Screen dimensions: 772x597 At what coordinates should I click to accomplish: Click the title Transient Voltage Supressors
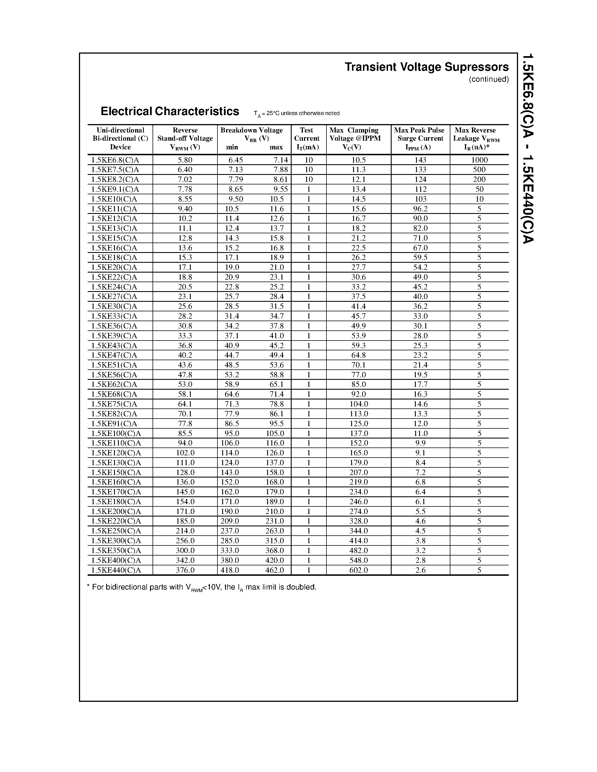tap(426, 67)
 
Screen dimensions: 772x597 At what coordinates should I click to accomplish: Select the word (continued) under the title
tap(489, 79)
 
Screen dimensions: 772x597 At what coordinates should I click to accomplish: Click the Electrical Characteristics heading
tap(170, 111)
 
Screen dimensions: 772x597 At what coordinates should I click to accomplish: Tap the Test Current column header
tap(307, 139)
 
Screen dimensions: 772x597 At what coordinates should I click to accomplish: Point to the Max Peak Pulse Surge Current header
tap(420, 139)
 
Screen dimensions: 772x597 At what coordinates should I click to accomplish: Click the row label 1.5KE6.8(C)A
tap(115, 160)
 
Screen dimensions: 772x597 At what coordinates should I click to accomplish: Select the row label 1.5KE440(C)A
tap(116, 570)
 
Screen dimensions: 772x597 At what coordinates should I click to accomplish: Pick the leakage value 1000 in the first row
tap(479, 160)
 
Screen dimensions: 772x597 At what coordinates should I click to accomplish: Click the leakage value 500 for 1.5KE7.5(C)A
tap(479, 170)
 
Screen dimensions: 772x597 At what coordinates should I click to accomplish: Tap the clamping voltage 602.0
tap(359, 570)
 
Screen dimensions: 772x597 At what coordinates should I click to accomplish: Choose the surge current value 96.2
tap(420, 209)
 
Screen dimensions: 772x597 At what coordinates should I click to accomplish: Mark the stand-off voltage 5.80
tap(185, 160)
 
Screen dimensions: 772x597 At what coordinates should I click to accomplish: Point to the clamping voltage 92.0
tap(359, 394)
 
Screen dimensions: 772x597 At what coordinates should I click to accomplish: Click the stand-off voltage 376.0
tap(185, 570)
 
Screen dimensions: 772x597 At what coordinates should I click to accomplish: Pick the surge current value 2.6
tap(420, 570)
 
